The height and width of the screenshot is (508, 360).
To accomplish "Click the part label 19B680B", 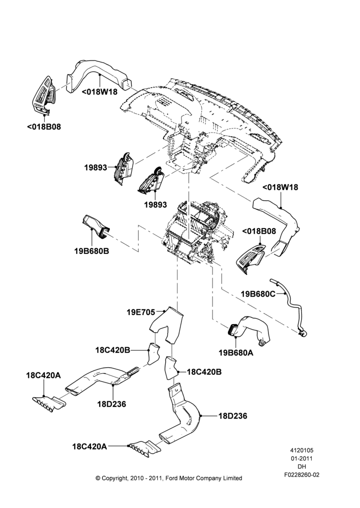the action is tap(92, 251).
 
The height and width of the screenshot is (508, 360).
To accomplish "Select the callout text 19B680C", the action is tap(258, 294).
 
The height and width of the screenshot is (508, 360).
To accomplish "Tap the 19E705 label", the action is tap(141, 312).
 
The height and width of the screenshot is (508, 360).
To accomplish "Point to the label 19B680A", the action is tap(236, 353).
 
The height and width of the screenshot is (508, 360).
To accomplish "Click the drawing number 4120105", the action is tap(302, 450).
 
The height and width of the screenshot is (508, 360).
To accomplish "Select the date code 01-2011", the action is tap(302, 458).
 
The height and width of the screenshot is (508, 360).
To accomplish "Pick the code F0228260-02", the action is tap(302, 475).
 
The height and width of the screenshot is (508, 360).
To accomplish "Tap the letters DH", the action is tap(302, 467).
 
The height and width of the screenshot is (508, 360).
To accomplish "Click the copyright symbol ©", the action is tap(98, 478).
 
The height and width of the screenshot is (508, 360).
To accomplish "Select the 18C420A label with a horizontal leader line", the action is tap(89, 447).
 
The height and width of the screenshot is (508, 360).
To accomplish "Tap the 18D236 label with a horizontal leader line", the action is tap(233, 416).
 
